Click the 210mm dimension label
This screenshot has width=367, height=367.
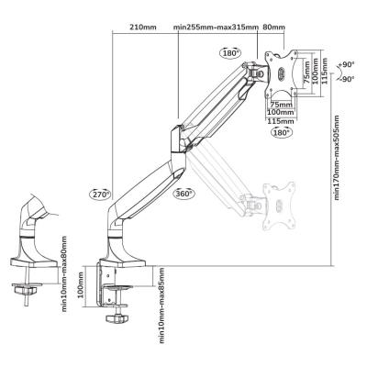pyautogui.click(x=143, y=28)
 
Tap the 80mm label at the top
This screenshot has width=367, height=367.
pyautogui.click(x=273, y=28)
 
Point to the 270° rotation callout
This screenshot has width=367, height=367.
pyautogui.click(x=100, y=195)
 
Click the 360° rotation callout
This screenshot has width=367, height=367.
pyautogui.click(x=183, y=194)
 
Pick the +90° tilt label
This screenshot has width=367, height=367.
pyautogui.click(x=346, y=65)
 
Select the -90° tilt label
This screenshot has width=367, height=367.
pyautogui.click(x=347, y=79)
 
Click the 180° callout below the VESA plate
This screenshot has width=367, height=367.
pyautogui.click(x=281, y=133)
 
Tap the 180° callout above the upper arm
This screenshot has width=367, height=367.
pyautogui.click(x=230, y=53)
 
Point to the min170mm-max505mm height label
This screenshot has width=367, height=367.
pyautogui.click(x=337, y=158)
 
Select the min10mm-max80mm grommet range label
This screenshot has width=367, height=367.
pyautogui.click(x=64, y=273)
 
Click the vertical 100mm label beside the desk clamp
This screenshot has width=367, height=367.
pyautogui.click(x=81, y=285)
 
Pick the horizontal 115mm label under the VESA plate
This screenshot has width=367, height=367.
pyautogui.click(x=281, y=121)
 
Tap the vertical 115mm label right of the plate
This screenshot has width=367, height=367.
pyautogui.click(x=325, y=72)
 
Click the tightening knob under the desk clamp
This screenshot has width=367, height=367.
pyautogui.click(x=117, y=318)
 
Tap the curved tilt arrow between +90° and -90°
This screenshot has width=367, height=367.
pyautogui.click(x=340, y=72)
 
